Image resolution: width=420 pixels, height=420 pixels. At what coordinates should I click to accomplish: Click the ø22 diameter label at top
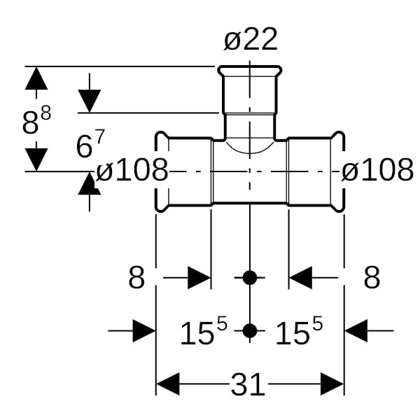coord(251,40)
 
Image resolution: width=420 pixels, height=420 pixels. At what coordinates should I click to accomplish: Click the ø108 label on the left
coord(132,170)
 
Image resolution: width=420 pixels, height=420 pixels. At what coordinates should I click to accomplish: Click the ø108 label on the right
coord(377,170)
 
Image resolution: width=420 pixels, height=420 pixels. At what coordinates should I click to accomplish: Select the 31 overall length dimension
coord(248,384)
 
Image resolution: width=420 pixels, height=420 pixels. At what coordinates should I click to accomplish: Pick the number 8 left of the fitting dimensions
coord(136,278)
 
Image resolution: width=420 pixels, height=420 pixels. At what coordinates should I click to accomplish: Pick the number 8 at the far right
coord(372,278)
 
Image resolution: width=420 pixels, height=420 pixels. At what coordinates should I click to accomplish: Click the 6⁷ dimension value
coord(90,146)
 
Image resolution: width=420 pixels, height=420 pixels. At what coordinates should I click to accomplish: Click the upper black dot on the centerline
coord(250,278)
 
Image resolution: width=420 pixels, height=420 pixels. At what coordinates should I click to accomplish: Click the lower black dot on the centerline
coord(250,330)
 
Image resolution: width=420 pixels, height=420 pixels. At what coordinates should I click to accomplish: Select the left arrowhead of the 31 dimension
coord(168,384)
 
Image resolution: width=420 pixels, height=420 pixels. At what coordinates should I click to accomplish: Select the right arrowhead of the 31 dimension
coord(332,384)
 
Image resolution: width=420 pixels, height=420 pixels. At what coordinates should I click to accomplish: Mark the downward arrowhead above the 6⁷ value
coord(90,101)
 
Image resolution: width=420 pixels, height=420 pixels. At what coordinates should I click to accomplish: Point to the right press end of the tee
coord(338,171)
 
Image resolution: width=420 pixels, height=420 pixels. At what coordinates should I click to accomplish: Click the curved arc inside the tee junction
coord(250,148)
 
